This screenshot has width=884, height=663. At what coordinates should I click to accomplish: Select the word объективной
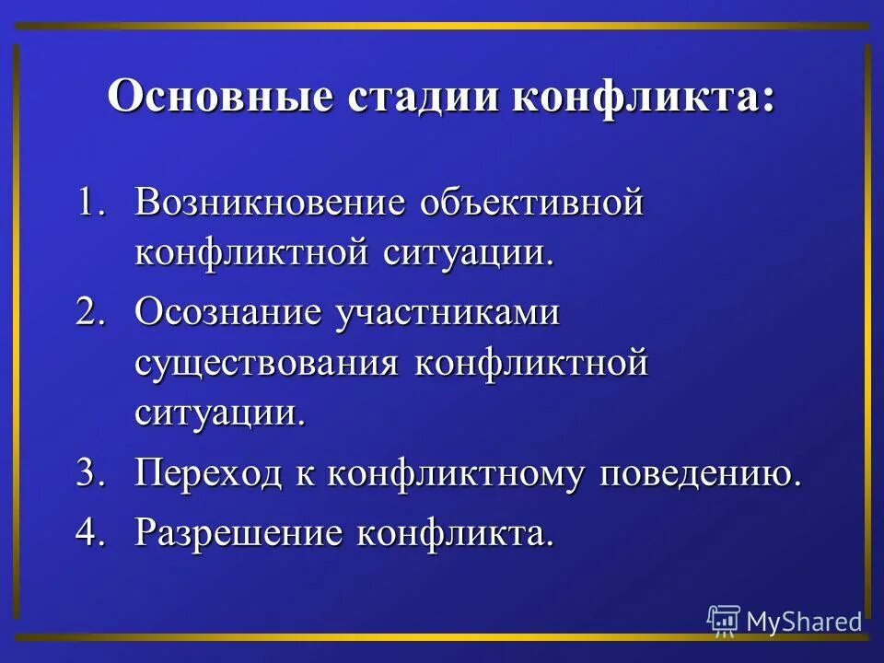[x=530, y=203]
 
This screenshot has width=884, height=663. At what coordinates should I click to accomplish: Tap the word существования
[x=267, y=362]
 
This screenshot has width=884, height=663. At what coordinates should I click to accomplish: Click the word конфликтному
[x=456, y=475]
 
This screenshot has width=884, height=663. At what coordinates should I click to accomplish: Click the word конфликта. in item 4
[x=457, y=531]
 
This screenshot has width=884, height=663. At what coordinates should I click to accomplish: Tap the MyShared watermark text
[x=804, y=622]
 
